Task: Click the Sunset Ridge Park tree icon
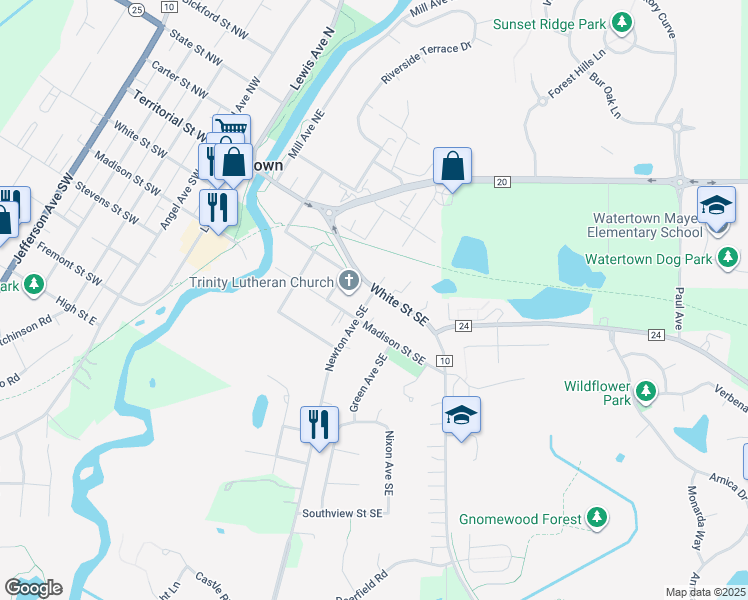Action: click(x=622, y=21)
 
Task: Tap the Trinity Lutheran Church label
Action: click(x=262, y=281)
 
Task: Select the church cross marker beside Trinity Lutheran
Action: click(x=349, y=281)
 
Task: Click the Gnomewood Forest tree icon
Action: click(x=596, y=517)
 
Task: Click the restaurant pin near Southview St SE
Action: click(x=319, y=424)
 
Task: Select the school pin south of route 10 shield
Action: click(x=461, y=415)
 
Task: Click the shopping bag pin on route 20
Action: click(x=452, y=166)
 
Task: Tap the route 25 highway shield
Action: click(x=137, y=8)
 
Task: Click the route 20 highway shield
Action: click(x=502, y=180)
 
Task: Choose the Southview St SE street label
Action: click(x=342, y=513)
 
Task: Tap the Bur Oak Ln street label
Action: click(x=606, y=97)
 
